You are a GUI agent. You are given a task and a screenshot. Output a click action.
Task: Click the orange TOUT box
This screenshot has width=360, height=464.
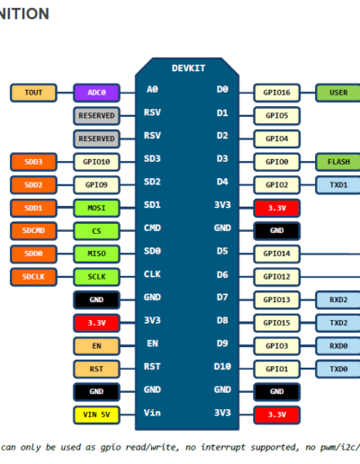coord(33,93)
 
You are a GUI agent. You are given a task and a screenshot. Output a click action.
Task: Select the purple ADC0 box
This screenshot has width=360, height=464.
coord(96,93)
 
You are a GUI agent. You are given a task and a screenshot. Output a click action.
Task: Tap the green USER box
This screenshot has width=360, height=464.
coord(338,93)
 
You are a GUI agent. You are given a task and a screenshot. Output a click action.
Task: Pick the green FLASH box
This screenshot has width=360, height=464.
coord(338,162)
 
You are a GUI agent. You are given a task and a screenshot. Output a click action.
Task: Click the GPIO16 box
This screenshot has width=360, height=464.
coord(276,93)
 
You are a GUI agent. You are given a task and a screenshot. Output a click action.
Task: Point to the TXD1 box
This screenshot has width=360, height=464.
coord(338,185)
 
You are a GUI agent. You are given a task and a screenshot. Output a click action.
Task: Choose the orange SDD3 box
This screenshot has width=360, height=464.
coord(33,162)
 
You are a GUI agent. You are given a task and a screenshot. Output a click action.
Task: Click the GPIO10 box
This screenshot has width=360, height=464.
coord(96,162)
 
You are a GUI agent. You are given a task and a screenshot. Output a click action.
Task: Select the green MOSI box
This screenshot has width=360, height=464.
coord(96,208)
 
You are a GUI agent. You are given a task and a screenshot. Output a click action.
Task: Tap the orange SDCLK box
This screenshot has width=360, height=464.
coord(33,277)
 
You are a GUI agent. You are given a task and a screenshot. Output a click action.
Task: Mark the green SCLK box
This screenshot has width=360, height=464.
coord(96,277)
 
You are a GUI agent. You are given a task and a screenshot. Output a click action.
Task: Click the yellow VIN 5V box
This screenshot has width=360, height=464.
coord(96,415)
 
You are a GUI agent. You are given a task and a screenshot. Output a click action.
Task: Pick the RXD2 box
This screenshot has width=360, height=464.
coord(338,299)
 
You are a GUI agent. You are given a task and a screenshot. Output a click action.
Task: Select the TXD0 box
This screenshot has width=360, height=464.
coord(338,369)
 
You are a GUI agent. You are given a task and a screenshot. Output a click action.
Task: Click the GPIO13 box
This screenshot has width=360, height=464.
coord(276,299)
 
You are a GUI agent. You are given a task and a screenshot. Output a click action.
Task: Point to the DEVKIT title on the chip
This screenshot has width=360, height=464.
coord(188,68)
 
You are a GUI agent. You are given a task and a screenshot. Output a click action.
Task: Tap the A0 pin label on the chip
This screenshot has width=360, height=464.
coord(152,89)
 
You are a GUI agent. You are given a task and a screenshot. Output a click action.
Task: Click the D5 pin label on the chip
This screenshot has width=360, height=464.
coord(222,251)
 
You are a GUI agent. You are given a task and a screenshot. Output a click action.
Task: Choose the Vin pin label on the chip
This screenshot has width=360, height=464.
coord(152,413)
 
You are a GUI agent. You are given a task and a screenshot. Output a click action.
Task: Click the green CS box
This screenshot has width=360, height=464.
coord(96,231)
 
